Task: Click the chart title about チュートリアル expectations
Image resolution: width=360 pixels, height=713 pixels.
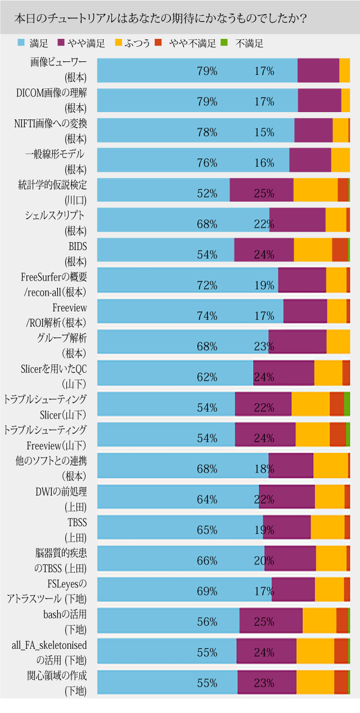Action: click(160, 18)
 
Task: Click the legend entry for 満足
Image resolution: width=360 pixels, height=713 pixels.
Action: click(33, 43)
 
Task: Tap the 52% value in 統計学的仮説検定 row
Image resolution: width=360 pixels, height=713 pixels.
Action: click(207, 194)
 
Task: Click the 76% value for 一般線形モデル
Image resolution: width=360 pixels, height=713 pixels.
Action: click(207, 163)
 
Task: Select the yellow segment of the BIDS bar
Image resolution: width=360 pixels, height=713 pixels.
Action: click(313, 250)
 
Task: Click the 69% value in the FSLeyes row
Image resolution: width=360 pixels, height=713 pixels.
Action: click(207, 591)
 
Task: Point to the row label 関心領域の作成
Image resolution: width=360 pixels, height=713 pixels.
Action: click(57, 675)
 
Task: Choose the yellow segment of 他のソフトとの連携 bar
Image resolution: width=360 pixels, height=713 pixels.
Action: click(330, 465)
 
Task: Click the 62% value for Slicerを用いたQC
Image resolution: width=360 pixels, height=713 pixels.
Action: click(207, 377)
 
